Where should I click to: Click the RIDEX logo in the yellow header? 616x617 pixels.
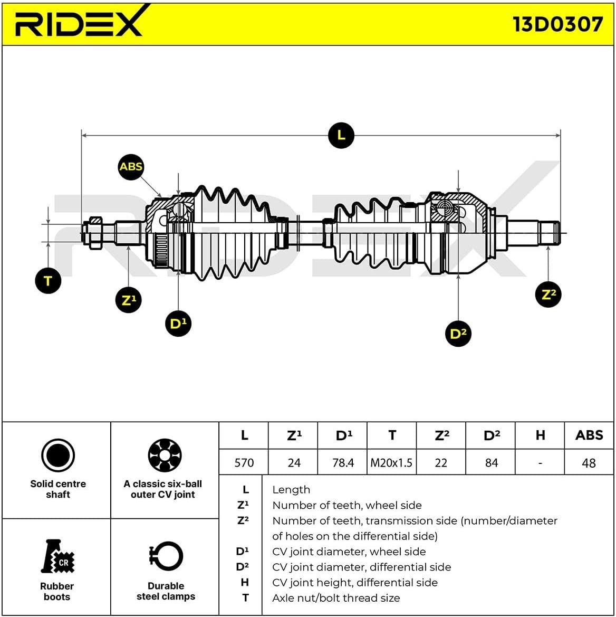pyautogui.click(x=80, y=22)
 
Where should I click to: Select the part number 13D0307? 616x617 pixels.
pyautogui.click(x=557, y=24)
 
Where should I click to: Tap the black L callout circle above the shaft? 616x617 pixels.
pyautogui.click(x=341, y=135)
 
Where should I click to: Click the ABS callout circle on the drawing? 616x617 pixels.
pyautogui.click(x=131, y=167)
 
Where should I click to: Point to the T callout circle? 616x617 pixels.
pyautogui.click(x=48, y=280)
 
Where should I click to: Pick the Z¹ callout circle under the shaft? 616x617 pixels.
pyautogui.click(x=128, y=300)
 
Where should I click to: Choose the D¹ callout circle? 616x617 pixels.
pyautogui.click(x=178, y=323)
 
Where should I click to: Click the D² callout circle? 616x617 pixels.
pyautogui.click(x=458, y=333)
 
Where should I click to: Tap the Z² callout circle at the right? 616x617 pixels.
pyautogui.click(x=548, y=294)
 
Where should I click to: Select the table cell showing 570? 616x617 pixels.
pyautogui.click(x=244, y=463)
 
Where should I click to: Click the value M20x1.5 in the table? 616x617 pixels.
pyautogui.click(x=391, y=463)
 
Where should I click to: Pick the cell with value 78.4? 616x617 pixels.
pyautogui.click(x=343, y=463)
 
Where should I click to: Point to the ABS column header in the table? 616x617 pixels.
pyautogui.click(x=589, y=435)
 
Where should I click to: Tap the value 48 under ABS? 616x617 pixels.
pyautogui.click(x=589, y=463)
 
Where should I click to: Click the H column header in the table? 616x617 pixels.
pyautogui.click(x=540, y=435)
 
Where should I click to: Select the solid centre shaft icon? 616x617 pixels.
pyautogui.click(x=58, y=455)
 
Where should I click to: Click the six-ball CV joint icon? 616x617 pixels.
pyautogui.click(x=165, y=455)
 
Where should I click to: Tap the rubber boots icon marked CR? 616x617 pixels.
pyautogui.click(x=58, y=557)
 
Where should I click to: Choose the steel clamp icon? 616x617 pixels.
pyautogui.click(x=166, y=557)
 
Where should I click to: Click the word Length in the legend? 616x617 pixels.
pyautogui.click(x=291, y=490)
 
